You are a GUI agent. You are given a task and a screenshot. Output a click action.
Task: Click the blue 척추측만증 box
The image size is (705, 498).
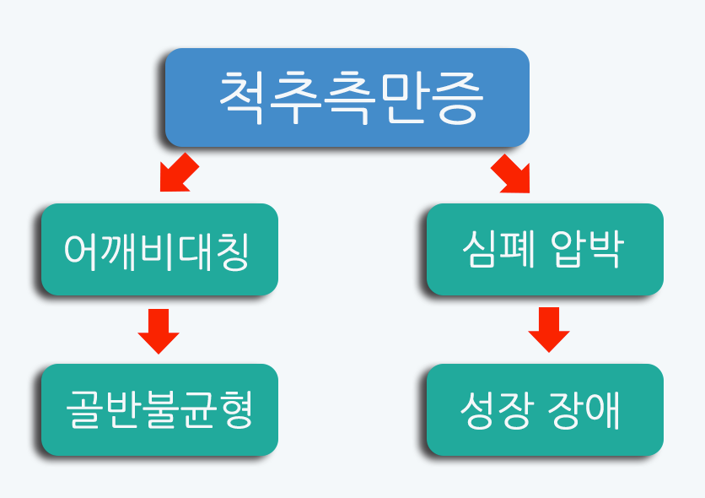347,97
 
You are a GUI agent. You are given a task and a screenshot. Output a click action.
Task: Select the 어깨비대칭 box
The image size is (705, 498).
159,249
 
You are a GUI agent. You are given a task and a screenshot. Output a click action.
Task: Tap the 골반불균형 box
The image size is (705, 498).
159,409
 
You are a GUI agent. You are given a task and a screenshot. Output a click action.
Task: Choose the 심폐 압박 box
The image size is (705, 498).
545,249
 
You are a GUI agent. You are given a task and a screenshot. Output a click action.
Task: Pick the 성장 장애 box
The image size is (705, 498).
545,409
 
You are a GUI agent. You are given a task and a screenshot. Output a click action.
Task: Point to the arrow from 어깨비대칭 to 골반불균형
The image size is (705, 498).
159,331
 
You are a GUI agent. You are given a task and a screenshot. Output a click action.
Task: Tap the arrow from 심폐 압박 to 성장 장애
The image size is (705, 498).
549,330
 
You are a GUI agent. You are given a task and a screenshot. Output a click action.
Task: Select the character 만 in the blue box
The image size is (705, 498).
403,98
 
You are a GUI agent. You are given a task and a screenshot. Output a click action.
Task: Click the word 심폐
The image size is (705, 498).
499,249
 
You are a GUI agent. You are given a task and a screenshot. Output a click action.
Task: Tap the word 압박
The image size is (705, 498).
587,249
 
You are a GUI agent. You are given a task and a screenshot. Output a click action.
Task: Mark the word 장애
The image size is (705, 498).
584,410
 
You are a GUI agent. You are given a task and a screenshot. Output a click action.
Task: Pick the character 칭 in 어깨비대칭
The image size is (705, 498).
233,252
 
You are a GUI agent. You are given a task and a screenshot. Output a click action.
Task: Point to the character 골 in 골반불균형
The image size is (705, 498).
83,409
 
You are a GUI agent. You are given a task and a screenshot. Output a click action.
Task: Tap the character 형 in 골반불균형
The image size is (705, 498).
235,409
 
